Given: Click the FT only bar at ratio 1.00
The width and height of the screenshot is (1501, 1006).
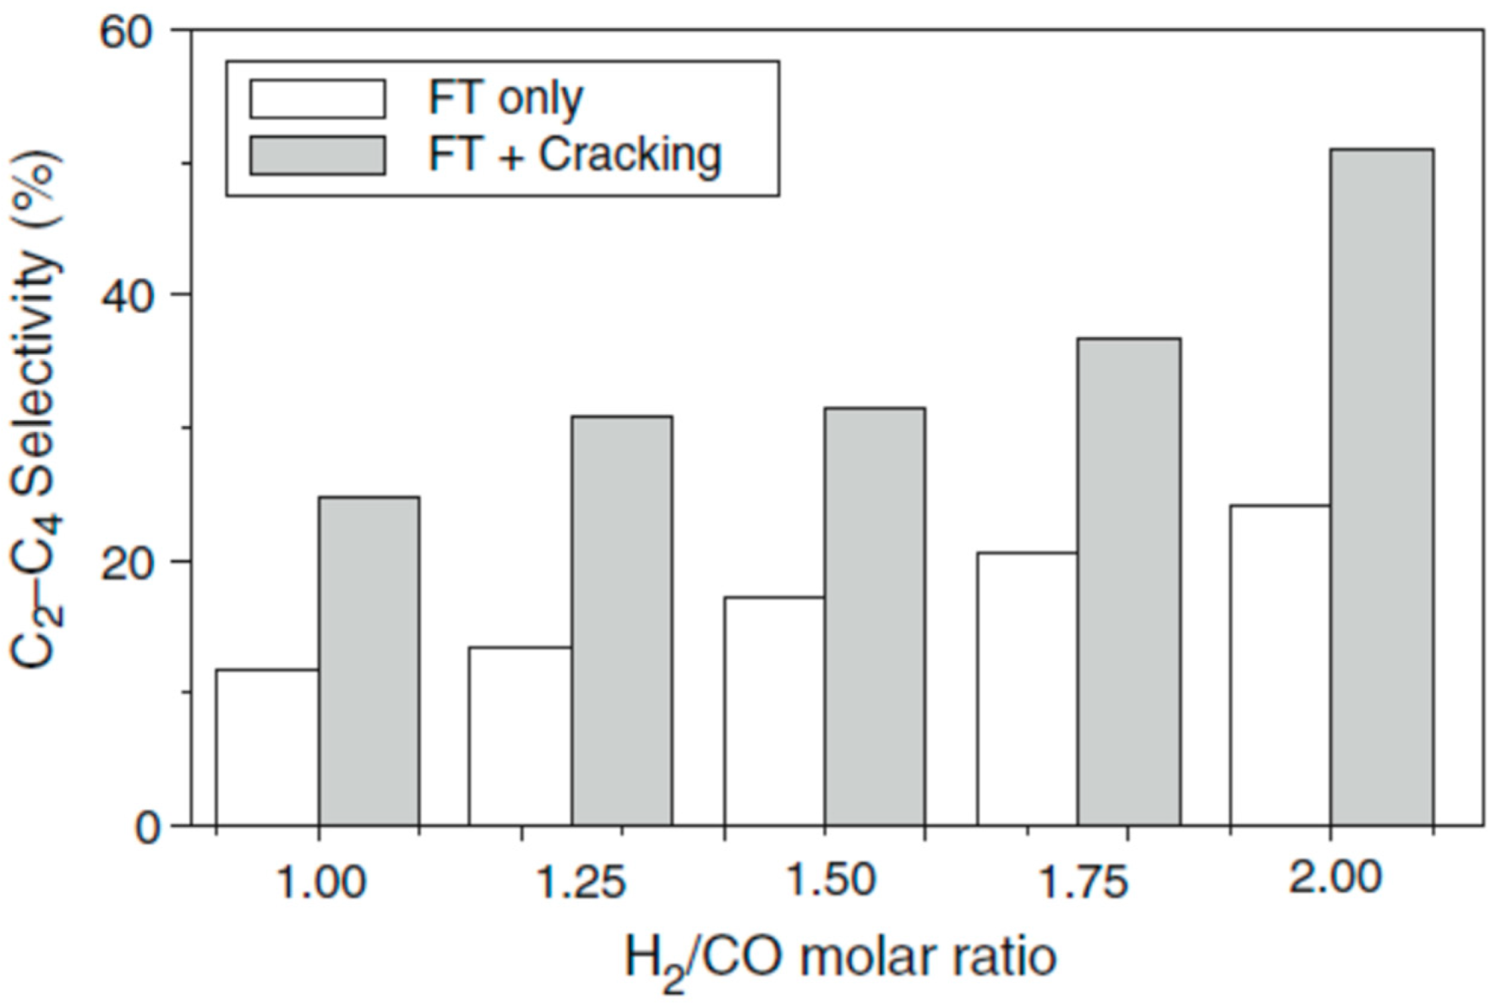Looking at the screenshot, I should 267,747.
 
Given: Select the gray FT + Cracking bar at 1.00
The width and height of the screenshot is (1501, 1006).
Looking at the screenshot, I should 368,661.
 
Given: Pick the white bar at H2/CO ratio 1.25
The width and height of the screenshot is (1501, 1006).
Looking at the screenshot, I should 520,736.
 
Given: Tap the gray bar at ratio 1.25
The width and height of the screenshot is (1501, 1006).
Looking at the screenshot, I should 622,621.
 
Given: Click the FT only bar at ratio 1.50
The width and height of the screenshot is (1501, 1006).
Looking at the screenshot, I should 774,711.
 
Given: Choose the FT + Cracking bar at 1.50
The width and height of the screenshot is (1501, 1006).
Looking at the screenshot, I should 875,616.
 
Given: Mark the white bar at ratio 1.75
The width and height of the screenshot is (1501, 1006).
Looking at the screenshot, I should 1027,689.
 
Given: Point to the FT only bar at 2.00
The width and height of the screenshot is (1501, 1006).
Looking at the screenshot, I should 1280,665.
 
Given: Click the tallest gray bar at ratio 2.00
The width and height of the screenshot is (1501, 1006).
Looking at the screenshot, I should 1382,487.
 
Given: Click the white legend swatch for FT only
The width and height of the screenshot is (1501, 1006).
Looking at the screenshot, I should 318,99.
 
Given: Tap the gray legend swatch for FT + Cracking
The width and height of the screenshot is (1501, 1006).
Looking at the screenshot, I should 318,156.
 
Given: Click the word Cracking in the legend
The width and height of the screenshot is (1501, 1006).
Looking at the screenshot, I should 630,156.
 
